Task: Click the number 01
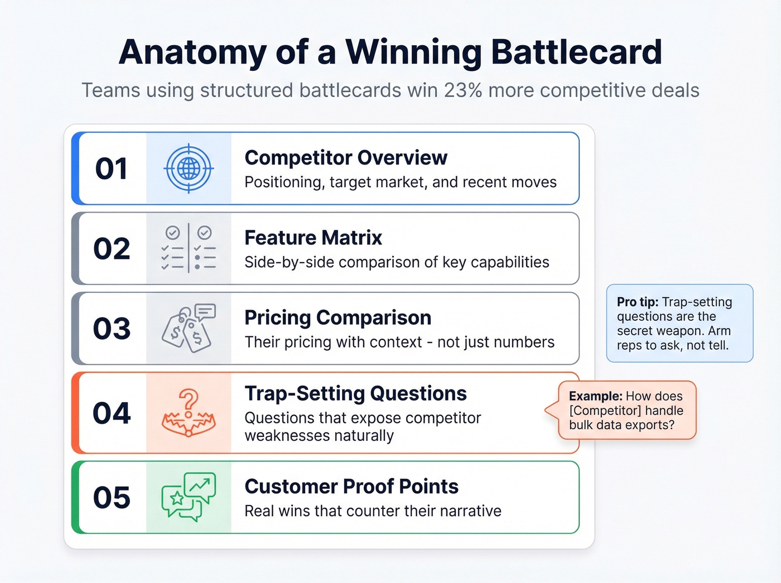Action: [x=111, y=168]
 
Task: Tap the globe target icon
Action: [x=189, y=168]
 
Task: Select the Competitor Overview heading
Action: [x=345, y=158]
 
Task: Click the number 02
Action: [x=112, y=249]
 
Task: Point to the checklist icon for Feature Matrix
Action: [x=189, y=248]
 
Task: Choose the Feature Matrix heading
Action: [x=313, y=238]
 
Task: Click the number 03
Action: [x=112, y=329]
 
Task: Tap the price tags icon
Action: [x=188, y=329]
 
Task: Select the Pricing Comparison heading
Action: [x=338, y=317]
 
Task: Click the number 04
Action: [x=112, y=413]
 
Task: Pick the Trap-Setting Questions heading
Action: [x=355, y=393]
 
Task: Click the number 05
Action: [x=112, y=498]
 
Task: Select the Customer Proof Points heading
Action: [x=351, y=486]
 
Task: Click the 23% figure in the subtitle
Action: [x=462, y=90]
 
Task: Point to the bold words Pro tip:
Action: [x=637, y=302]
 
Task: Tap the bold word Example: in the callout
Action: [x=595, y=396]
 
